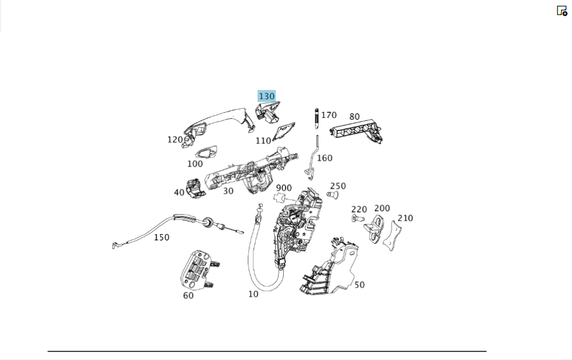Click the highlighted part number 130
pos(267,96)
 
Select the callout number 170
pos(329,115)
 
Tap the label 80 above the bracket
pos(355,117)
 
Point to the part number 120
pos(175,140)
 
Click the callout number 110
pos(263,141)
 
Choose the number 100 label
pos(194,164)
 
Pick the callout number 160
pos(324,158)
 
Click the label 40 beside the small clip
pos(179,192)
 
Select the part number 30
pos(228,191)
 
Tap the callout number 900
pos(284,188)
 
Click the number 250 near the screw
pos(338,186)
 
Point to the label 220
pos(359,209)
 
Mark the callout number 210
pos(405,218)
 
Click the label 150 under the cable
pos(161,237)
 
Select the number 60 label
pos(188,295)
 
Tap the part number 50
pos(359,284)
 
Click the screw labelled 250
pos(332,195)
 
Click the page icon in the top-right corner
pos(562,10)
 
